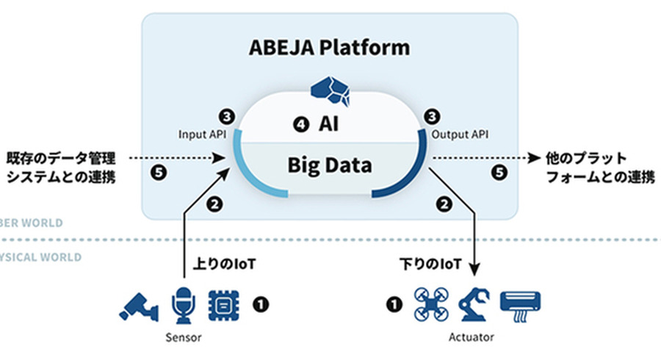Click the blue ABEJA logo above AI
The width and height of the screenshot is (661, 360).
pos(330,89)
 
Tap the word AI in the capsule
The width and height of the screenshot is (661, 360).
pos(328,125)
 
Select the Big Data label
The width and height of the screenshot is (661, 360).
pos(330,164)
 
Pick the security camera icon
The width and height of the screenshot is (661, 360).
pos(138,305)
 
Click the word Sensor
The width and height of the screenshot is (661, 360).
pos(183,337)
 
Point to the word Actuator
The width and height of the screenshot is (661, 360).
pos(471,337)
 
